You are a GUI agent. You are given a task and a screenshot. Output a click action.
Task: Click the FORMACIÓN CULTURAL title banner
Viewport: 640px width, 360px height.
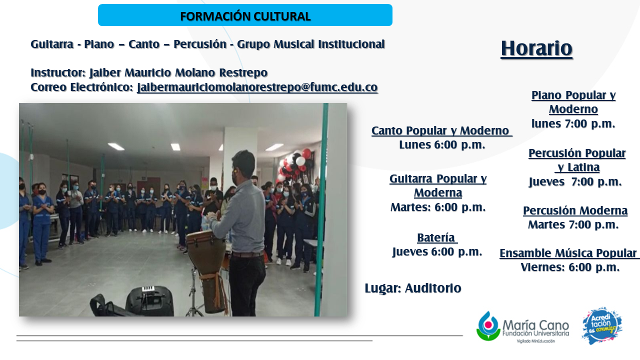[x=245, y=15]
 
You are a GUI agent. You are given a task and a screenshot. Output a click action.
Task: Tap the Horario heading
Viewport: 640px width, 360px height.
[x=536, y=48]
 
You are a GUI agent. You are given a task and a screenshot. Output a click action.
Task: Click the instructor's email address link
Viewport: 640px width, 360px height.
[x=257, y=87]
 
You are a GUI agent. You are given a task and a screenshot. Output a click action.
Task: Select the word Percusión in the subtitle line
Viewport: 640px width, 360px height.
[x=200, y=44]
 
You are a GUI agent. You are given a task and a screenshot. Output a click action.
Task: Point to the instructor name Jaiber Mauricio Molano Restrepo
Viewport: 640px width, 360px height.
[x=178, y=72]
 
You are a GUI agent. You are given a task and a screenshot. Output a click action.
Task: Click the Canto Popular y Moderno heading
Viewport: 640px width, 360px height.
[x=441, y=130]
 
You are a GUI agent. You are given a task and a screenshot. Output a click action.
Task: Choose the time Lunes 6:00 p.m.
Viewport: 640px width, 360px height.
[x=442, y=145]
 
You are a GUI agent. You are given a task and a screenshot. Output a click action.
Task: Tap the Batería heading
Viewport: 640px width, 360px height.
[x=437, y=237]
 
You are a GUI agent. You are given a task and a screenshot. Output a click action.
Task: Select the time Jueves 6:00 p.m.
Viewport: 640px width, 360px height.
[x=437, y=252]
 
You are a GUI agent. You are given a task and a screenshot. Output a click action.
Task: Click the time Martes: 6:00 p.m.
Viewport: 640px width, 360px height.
[x=438, y=207]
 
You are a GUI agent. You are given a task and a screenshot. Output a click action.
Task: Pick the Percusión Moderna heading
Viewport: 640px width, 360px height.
[x=575, y=210]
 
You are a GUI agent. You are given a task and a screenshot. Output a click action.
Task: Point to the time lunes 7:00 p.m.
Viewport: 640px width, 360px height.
[x=573, y=123]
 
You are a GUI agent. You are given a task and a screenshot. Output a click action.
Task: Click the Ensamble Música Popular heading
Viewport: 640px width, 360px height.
[x=568, y=253]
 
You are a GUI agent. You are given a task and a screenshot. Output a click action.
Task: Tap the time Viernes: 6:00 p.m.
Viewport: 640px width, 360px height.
[x=570, y=267]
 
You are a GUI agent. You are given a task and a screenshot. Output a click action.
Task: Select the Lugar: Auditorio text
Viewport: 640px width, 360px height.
[x=413, y=288]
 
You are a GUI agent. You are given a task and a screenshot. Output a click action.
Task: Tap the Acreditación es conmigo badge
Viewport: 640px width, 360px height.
[x=602, y=325]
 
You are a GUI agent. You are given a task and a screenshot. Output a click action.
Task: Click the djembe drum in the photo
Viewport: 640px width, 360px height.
[x=207, y=268]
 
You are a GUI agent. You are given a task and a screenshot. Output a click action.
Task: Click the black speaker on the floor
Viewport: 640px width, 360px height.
[x=149, y=301]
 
